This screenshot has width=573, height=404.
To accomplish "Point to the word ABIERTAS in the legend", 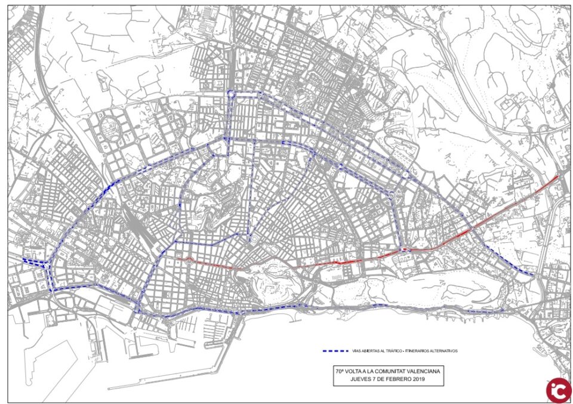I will [x=371, y=351].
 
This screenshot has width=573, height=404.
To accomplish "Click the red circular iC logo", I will [x=558, y=389].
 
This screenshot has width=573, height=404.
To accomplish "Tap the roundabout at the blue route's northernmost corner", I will [x=231, y=94].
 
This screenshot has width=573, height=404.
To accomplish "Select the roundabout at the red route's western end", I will [x=189, y=260].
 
